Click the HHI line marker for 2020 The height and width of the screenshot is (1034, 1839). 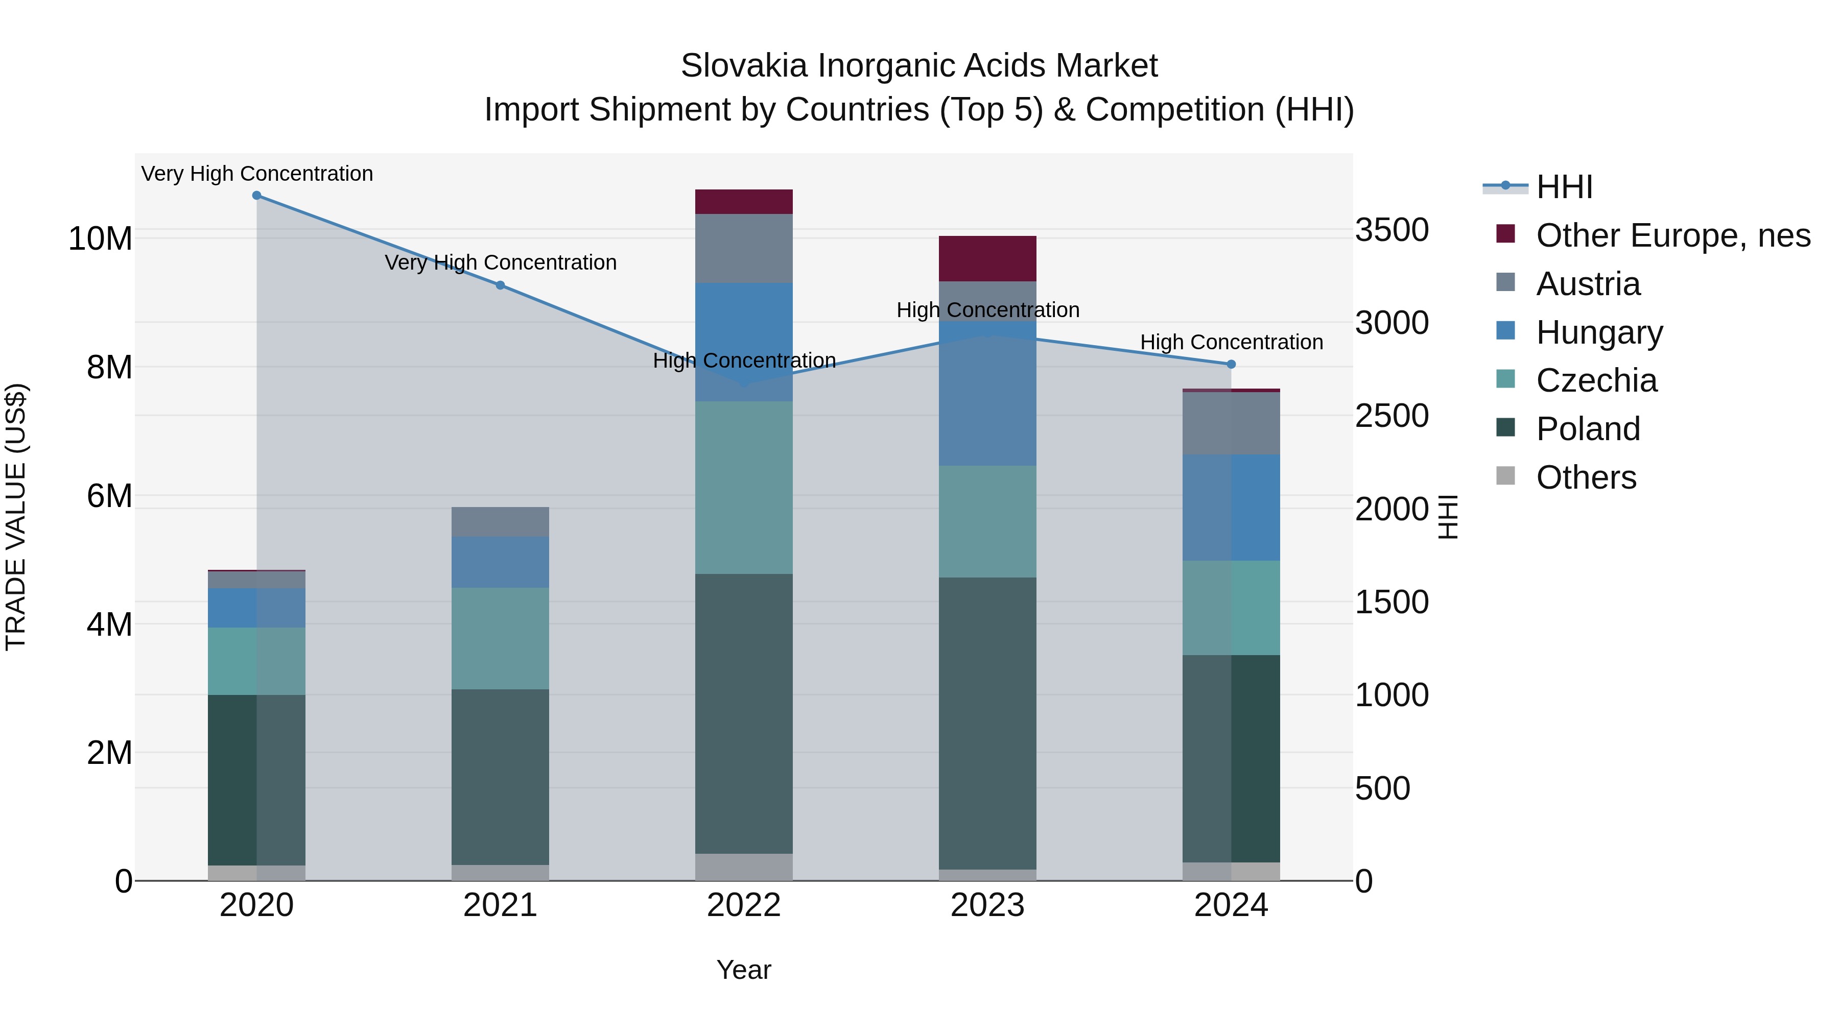point(256,196)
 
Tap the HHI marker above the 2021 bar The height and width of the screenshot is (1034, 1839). point(500,285)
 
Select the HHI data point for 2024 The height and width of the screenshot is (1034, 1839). point(1231,365)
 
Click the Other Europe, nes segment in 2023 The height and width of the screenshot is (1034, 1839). point(987,258)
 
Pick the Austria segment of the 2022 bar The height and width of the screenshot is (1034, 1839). point(744,248)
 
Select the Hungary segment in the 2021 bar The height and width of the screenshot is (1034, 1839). point(500,562)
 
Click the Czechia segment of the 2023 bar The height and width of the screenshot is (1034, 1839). point(987,522)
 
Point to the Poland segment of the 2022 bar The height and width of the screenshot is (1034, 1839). point(744,714)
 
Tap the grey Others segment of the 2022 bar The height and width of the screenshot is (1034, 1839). point(744,867)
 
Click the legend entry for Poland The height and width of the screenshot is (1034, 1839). point(1588,429)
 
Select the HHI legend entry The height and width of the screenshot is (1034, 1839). point(1564,187)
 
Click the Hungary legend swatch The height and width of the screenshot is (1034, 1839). point(1505,331)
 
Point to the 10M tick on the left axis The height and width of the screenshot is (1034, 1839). point(100,238)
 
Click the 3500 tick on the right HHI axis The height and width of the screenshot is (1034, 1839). point(1392,230)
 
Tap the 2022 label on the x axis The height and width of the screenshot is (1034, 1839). point(744,905)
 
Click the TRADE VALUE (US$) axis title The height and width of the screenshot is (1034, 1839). point(16,517)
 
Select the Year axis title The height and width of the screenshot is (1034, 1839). point(744,970)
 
